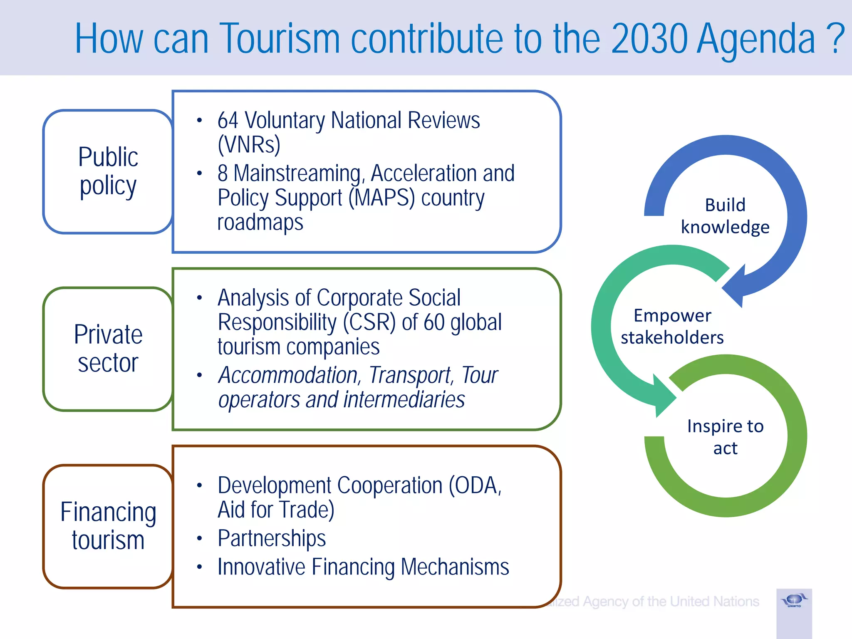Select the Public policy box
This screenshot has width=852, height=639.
tap(108, 171)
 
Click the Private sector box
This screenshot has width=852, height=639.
tap(108, 349)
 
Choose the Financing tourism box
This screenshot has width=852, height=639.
tap(108, 526)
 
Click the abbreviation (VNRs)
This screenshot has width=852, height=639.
tap(249, 145)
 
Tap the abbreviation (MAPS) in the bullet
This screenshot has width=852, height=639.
tap(381, 198)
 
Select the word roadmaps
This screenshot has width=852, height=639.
tap(260, 222)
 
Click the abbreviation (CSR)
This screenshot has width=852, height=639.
tap(369, 322)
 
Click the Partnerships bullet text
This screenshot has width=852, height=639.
tap(271, 538)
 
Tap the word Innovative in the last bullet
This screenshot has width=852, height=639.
tap(261, 567)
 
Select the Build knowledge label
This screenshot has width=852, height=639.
tap(725, 216)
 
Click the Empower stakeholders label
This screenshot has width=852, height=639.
tap(672, 327)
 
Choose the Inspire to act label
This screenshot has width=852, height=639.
tap(725, 437)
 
